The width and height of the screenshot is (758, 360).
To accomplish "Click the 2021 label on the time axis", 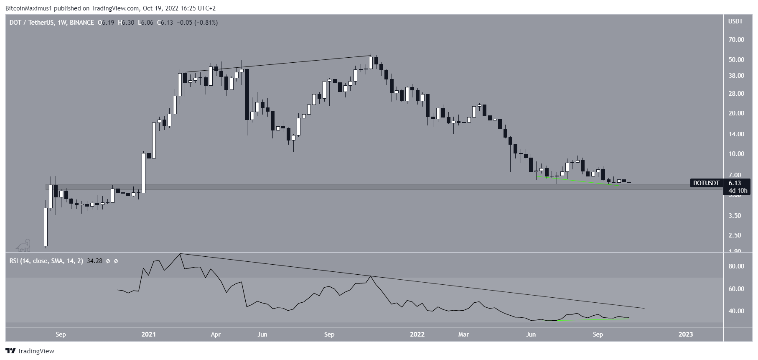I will coord(149,334).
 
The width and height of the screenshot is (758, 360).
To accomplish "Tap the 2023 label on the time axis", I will coord(686,334).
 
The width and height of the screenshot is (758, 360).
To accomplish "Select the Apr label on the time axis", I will coord(216,334).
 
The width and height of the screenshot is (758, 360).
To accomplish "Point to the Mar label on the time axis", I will coord(463,334).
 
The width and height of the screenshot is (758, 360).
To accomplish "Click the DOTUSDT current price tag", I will coord(706,183).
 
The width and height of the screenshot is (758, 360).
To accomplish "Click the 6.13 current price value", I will coord(735,183).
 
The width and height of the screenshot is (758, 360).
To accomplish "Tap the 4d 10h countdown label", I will coord(738,191).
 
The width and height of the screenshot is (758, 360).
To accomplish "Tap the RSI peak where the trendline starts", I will coord(180,254).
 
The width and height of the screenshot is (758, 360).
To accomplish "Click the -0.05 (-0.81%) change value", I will coord(197,23).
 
